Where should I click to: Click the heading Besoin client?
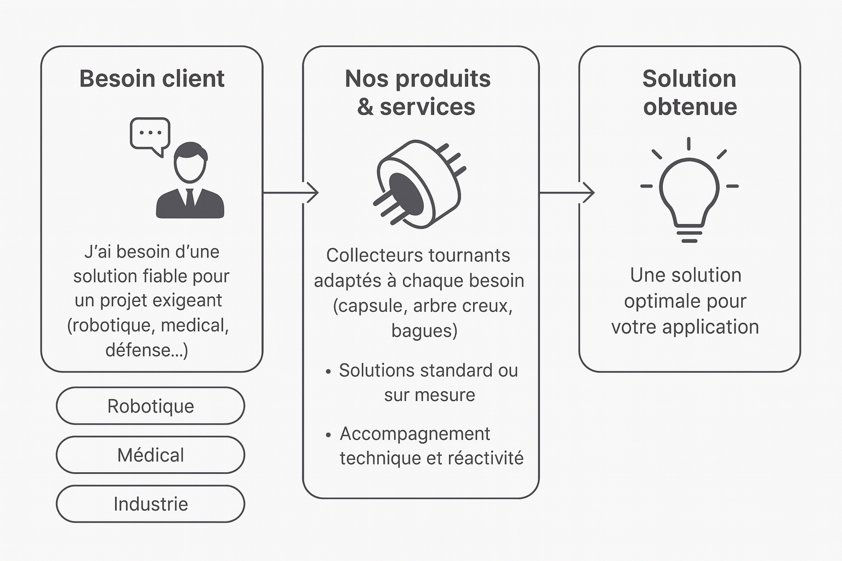152,79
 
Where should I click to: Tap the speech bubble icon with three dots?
150,134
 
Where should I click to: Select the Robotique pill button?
150,406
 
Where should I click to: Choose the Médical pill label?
150,455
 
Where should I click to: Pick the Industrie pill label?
150,503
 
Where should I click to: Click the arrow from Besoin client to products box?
291,193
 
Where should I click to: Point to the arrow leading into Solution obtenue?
567,193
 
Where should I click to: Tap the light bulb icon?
689,192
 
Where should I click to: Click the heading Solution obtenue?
690,93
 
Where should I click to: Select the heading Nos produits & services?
417,93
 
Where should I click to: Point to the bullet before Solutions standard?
328,372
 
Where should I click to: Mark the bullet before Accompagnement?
328,436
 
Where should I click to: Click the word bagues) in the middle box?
424,330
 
